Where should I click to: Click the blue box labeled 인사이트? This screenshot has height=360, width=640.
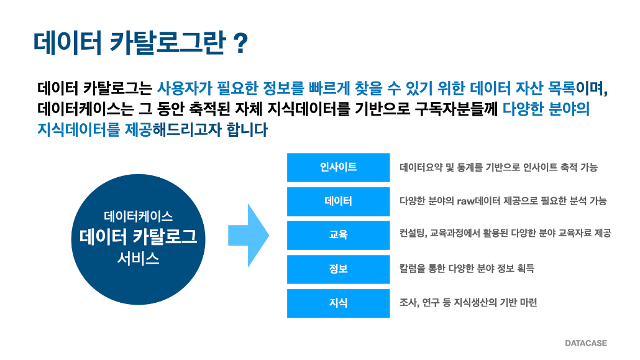339,167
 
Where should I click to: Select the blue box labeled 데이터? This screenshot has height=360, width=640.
339,201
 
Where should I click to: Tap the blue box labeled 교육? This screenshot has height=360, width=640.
339,236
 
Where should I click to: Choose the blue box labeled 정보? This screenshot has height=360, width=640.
339,269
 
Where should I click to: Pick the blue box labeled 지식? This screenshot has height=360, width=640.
339,303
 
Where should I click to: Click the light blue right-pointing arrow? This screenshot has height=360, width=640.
249,236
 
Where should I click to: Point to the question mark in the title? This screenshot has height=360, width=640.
240,44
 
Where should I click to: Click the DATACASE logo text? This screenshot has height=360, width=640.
586,343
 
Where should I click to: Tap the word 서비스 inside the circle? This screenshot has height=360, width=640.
139,258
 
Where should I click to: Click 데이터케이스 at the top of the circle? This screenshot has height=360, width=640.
139,216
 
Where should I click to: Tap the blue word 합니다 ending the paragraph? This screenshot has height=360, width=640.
247,129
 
